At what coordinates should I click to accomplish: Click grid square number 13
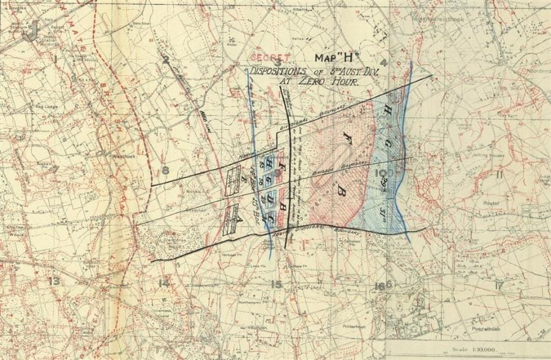coord(55,281)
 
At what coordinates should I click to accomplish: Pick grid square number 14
coord(163,283)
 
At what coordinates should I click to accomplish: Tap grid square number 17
coord(499,284)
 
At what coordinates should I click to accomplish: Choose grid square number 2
coord(165,59)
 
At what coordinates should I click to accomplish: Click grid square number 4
coord(384,62)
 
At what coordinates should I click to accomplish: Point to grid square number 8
coord(164,171)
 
